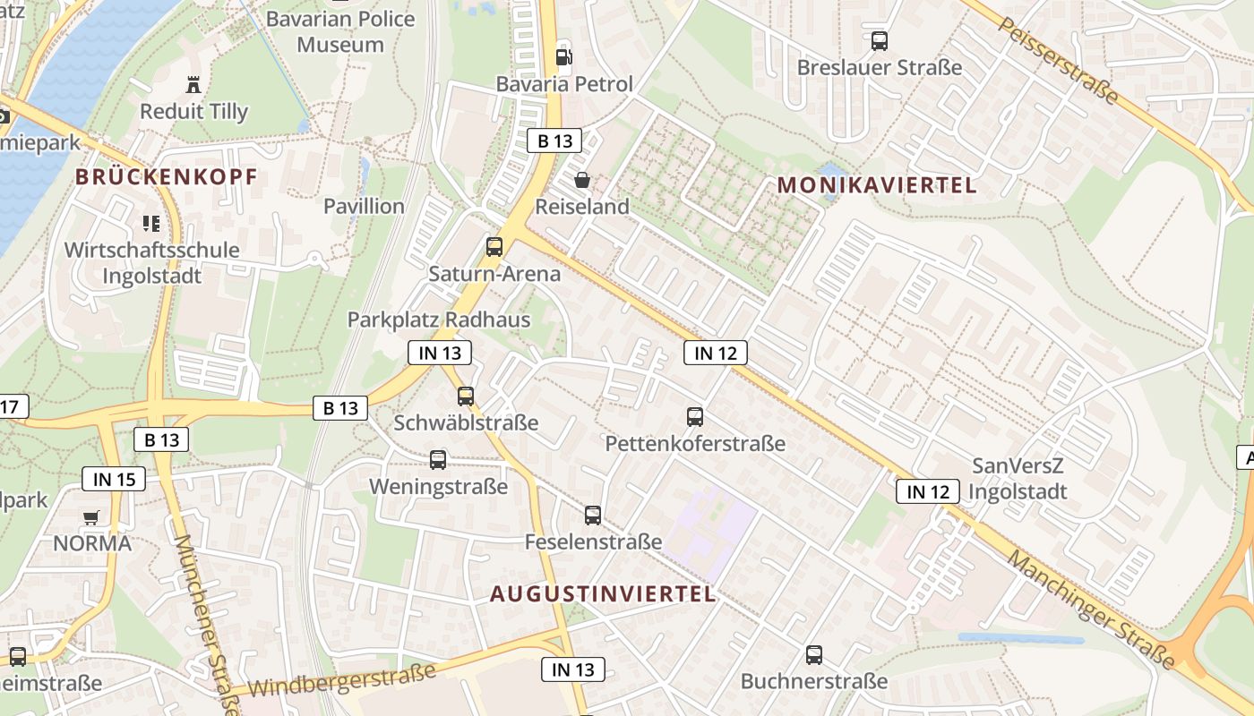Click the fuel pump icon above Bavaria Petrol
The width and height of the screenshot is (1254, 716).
564,57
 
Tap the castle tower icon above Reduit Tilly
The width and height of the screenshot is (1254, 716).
193,85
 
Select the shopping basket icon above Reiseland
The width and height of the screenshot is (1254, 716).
582,180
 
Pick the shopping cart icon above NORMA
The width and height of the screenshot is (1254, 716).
91,517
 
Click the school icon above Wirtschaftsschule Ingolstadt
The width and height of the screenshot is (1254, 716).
150,223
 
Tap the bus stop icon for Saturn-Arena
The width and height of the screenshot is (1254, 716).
494,247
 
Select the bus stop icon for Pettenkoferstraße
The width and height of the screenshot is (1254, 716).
694,416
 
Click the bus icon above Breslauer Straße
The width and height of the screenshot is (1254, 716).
879,40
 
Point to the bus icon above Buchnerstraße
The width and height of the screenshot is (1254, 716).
813,654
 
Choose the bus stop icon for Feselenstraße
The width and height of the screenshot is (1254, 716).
592,515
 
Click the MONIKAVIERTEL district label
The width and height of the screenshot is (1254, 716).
876,185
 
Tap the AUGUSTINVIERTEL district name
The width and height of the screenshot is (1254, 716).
603,593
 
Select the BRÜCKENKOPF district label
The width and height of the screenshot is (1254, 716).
166,176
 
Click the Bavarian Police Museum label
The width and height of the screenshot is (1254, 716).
340,31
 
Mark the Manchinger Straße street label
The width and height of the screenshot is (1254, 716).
1090,609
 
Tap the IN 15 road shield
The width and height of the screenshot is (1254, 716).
114,479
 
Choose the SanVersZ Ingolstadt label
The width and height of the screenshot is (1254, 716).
1018,479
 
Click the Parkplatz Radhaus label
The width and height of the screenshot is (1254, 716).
439,320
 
